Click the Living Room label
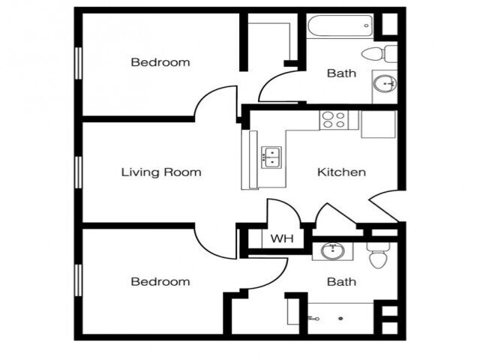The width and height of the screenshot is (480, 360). click(x=161, y=172)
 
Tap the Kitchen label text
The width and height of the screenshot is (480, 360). click(x=342, y=172)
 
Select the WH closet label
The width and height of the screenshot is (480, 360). click(x=281, y=239)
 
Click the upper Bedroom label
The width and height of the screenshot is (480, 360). click(x=160, y=62)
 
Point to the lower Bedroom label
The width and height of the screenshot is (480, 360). click(x=160, y=282)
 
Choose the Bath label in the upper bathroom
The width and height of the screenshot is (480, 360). click(x=341, y=73)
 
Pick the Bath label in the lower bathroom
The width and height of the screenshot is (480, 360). click(x=341, y=282)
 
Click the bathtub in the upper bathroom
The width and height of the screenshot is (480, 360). click(x=338, y=27)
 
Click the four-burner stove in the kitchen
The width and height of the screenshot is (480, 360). click(x=334, y=120)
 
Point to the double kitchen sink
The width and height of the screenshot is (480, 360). click(x=270, y=157)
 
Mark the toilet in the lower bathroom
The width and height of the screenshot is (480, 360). click(x=376, y=254)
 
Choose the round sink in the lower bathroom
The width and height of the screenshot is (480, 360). click(x=331, y=250)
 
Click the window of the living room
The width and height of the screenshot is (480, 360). click(x=77, y=172)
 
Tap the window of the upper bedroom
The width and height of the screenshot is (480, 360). click(x=77, y=63)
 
